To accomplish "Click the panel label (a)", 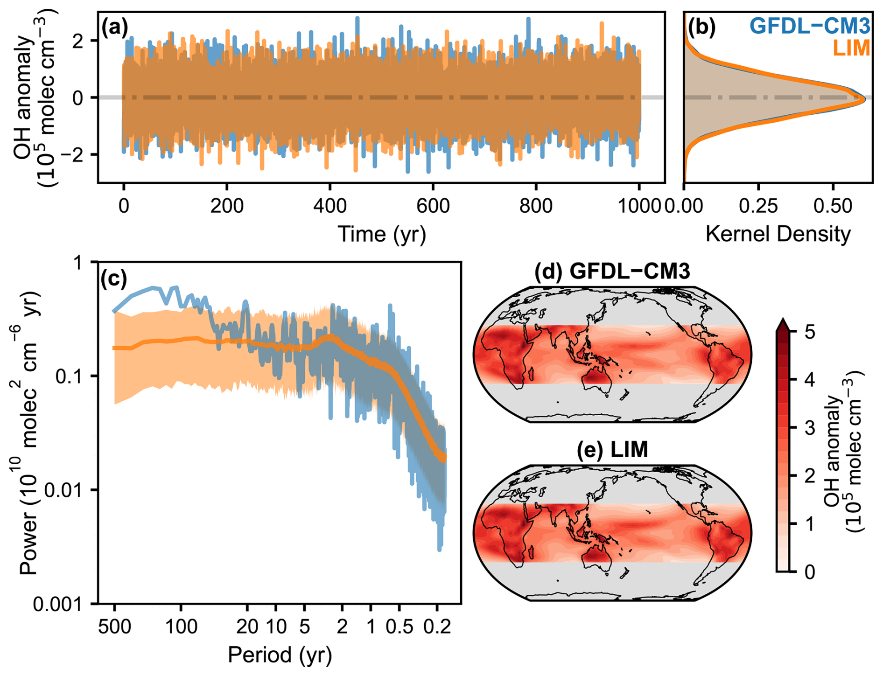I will point(114,28).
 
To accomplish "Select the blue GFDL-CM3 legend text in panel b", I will point(810,27).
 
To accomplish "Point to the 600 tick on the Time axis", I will point(433,205).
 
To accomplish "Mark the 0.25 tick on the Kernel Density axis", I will point(758,205).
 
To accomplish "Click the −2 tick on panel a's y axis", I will point(84,154).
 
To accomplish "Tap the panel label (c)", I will point(113,279).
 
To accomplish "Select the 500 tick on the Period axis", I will point(114,626).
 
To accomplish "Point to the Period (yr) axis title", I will point(280,655).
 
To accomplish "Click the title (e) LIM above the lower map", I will point(612,450).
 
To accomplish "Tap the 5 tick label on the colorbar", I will point(810,333).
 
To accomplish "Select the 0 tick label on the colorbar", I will point(810,571).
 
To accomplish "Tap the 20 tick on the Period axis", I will point(246,626).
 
